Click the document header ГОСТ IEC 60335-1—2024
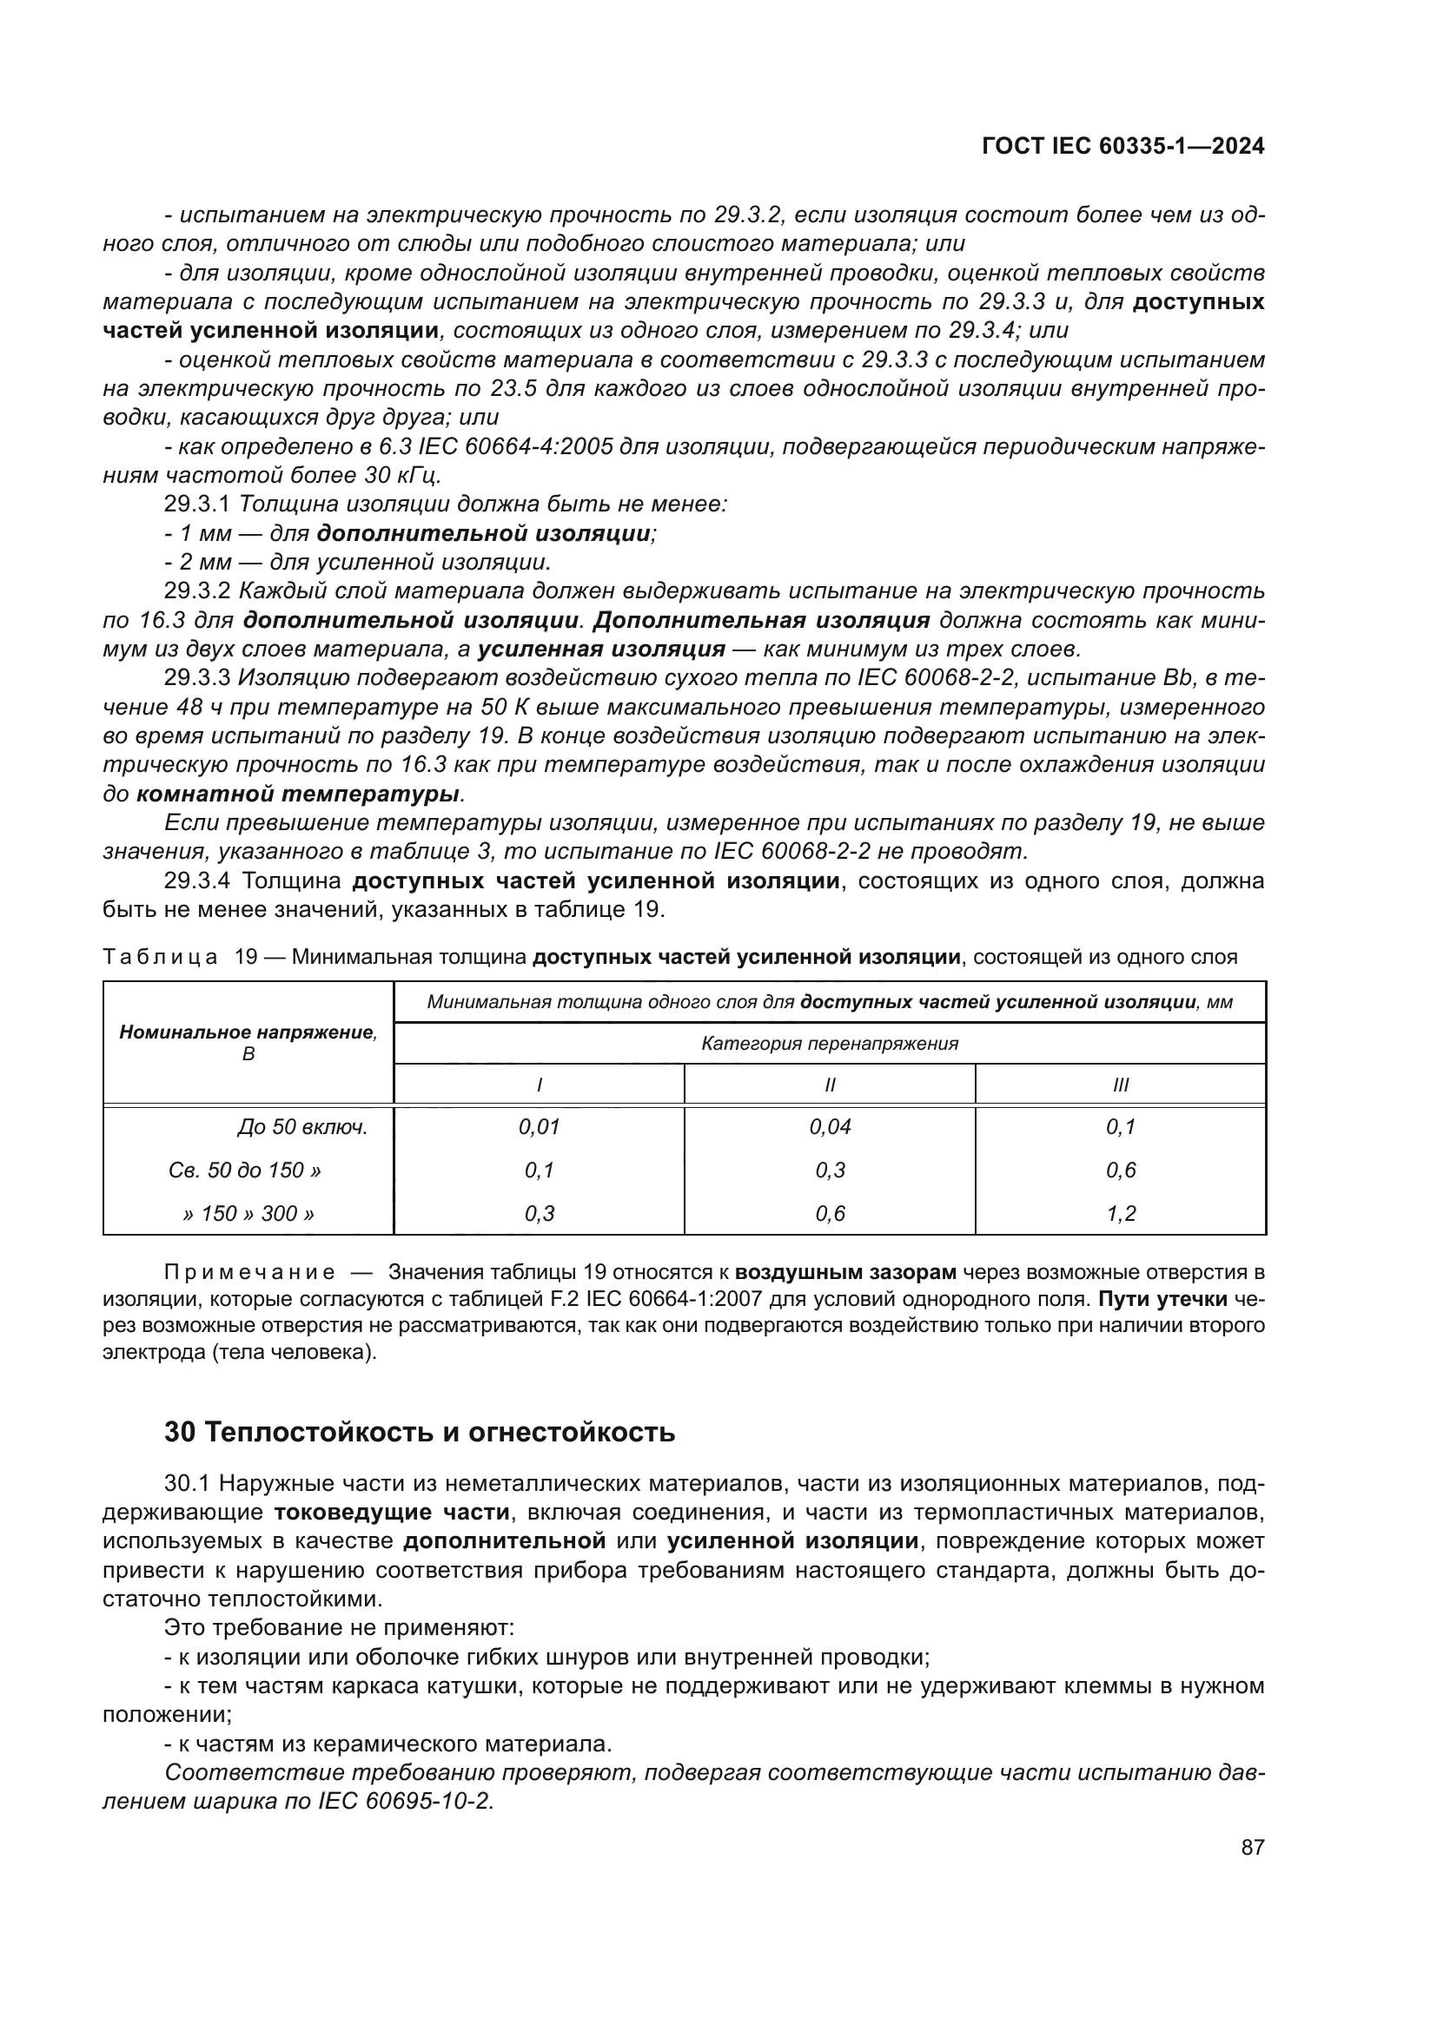[x=1122, y=146]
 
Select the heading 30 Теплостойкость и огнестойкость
[x=420, y=1431]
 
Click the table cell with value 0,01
[x=539, y=1127]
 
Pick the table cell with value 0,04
[x=830, y=1127]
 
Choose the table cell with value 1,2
[x=1120, y=1213]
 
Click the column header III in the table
[x=1120, y=1085]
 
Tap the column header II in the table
[x=830, y=1085]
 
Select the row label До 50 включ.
[x=301, y=1127]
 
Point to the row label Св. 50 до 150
[x=244, y=1170]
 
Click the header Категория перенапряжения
[x=830, y=1043]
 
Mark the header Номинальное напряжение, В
[x=248, y=1042]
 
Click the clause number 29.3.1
[x=196, y=504]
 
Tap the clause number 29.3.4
[x=196, y=881]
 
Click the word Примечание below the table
[x=249, y=1272]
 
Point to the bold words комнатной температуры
[x=298, y=794]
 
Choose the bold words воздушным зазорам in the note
[x=846, y=1272]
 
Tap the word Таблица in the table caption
[x=159, y=957]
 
